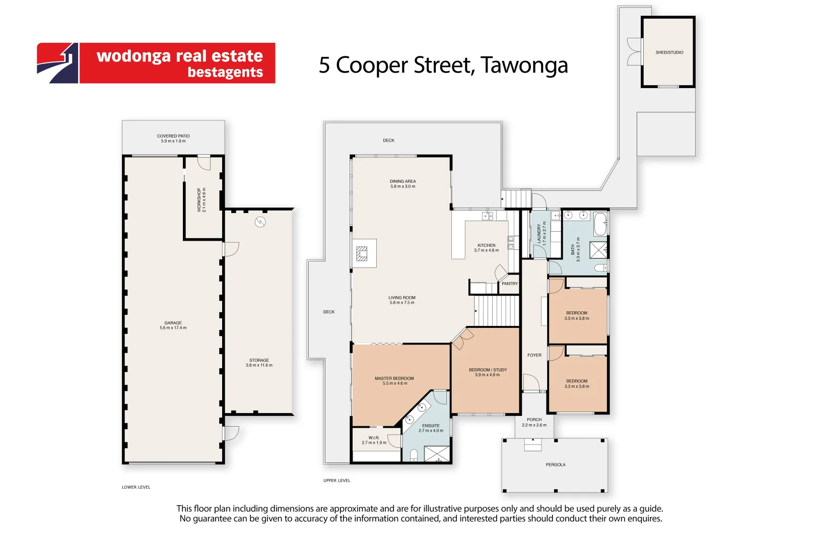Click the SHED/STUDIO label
669,52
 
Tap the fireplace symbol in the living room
362,253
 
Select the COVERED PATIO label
173,136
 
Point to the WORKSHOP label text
199,200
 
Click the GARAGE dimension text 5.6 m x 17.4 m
173,328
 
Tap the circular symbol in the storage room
260,222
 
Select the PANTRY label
509,284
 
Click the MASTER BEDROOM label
394,378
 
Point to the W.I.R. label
374,438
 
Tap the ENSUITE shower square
436,453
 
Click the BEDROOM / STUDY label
488,370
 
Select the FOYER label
534,355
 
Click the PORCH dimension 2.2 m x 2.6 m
534,425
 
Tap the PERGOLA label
555,464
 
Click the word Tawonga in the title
524,65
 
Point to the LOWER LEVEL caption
136,487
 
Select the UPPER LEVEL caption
336,481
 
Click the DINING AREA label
402,181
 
